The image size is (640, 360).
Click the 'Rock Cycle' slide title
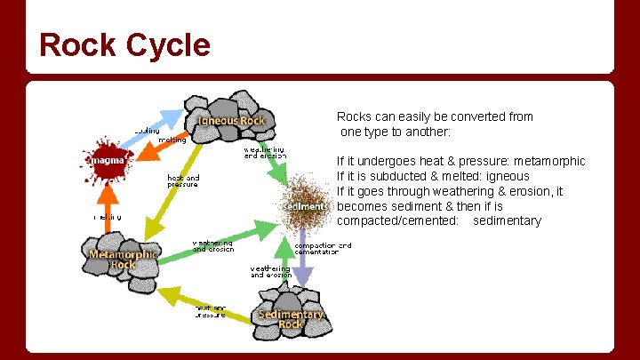[x=125, y=44]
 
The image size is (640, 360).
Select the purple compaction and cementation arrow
[x=303, y=262]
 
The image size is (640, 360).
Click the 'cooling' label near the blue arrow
[x=146, y=131]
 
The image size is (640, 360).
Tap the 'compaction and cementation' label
[x=323, y=248]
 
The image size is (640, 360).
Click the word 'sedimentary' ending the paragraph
[x=507, y=221]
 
